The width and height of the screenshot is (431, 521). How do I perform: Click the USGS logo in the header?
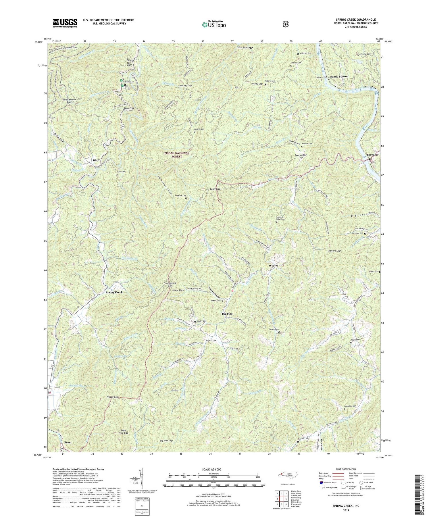pos(65,23)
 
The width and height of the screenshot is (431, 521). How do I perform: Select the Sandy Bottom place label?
pos(339,76)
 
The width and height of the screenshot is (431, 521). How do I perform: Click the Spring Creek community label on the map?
pos(114,292)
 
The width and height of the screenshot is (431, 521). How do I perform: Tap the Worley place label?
pos(273,266)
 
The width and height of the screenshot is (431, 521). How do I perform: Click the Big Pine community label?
pos(227,314)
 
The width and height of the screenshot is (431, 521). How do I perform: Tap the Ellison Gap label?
pos(111,397)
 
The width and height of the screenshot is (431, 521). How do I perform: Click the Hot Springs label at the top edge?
pos(245,47)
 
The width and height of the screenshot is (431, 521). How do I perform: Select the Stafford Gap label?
pos(334,251)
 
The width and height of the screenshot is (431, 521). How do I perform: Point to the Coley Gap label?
pos(214,189)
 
